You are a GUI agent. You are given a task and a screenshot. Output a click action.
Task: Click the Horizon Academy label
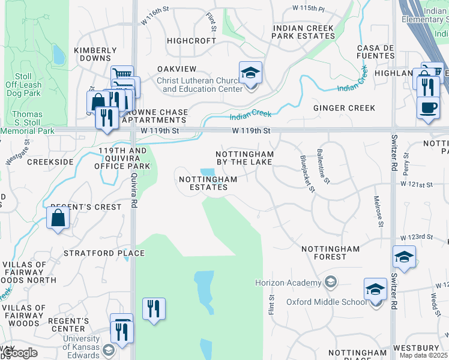click(x=288, y=283)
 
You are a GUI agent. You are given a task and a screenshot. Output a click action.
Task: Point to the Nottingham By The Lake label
click(x=244, y=158)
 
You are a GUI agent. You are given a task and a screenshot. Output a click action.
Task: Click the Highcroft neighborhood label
click(x=191, y=41)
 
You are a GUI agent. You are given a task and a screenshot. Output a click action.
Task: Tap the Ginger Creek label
click(x=344, y=108)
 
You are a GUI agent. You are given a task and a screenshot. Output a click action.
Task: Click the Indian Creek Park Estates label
click(x=303, y=32)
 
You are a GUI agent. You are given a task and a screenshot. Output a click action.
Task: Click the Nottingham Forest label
click(x=330, y=253)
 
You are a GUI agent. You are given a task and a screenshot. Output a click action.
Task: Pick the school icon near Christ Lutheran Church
click(x=251, y=74)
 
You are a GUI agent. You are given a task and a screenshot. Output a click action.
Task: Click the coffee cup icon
click(x=428, y=107)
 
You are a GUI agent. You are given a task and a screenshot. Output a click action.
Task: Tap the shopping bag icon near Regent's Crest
click(x=59, y=219)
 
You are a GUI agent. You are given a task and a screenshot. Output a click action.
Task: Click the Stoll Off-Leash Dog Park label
click(x=23, y=85)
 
